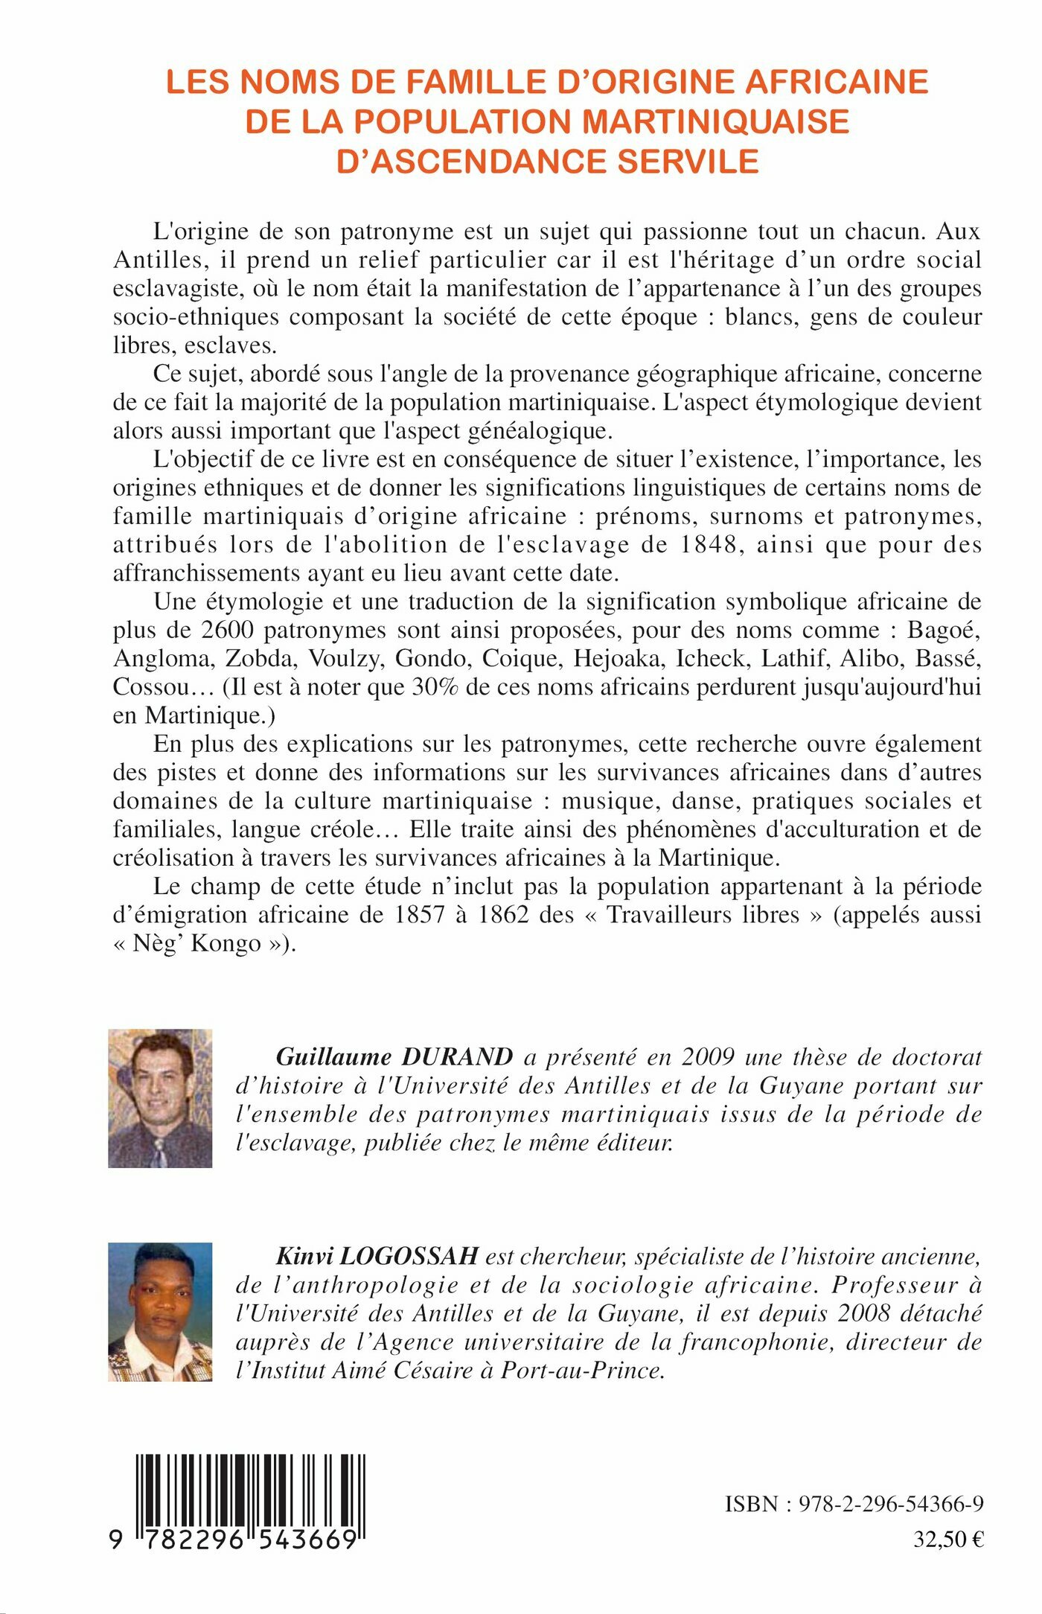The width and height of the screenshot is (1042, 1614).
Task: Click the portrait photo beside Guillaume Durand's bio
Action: tap(160, 1098)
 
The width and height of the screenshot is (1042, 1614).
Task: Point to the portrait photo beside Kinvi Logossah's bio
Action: tap(160, 1312)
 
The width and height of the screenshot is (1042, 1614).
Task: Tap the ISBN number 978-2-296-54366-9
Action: tap(891, 1504)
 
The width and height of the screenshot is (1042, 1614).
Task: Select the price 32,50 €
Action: tap(948, 1540)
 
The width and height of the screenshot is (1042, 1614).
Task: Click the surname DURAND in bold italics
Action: tap(457, 1057)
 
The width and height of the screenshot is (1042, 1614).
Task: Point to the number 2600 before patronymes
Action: tap(228, 631)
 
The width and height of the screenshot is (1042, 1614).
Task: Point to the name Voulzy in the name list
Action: tap(345, 659)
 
